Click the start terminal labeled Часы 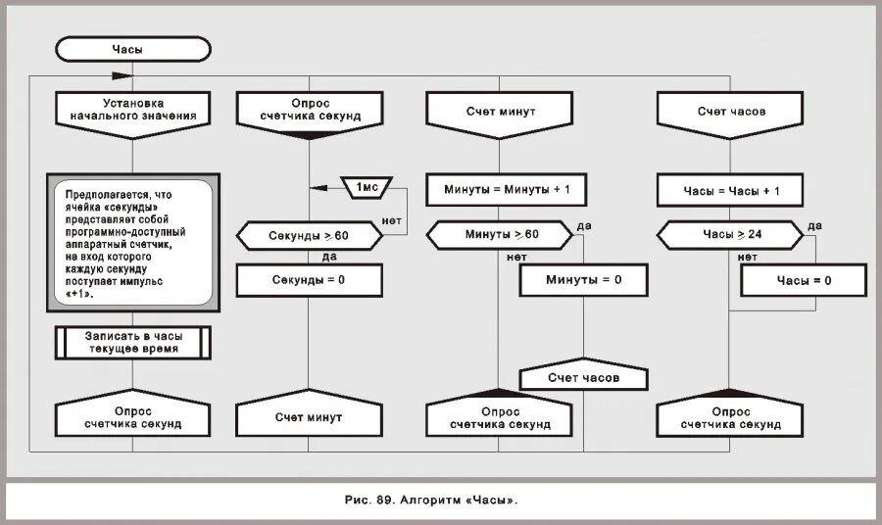pyautogui.click(x=133, y=48)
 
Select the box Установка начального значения pyautogui.click(x=133, y=109)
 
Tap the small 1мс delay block pyautogui.click(x=367, y=186)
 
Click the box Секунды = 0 pyautogui.click(x=309, y=280)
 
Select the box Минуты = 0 pyautogui.click(x=584, y=280)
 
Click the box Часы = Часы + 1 pyautogui.click(x=731, y=190)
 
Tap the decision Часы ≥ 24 pyautogui.click(x=731, y=235)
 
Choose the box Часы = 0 pyautogui.click(x=804, y=280)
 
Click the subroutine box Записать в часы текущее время pyautogui.click(x=133, y=342)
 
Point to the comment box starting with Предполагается pyautogui.click(x=132, y=240)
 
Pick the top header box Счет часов pyautogui.click(x=731, y=111)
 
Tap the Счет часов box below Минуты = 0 pyautogui.click(x=584, y=377)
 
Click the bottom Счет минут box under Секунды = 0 pyautogui.click(x=309, y=417)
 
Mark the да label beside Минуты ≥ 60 pyautogui.click(x=585, y=226)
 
